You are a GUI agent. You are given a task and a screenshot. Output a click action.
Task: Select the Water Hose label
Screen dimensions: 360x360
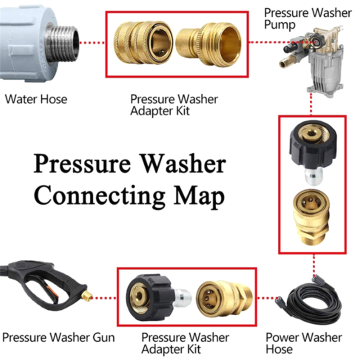click(x=36, y=99)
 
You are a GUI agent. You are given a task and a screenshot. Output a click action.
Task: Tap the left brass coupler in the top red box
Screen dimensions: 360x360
click(x=142, y=44)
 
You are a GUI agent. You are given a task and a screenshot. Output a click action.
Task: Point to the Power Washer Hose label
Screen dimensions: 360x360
click(x=304, y=343)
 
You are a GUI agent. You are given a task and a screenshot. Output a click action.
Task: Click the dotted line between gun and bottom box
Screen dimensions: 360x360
click(x=105, y=298)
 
